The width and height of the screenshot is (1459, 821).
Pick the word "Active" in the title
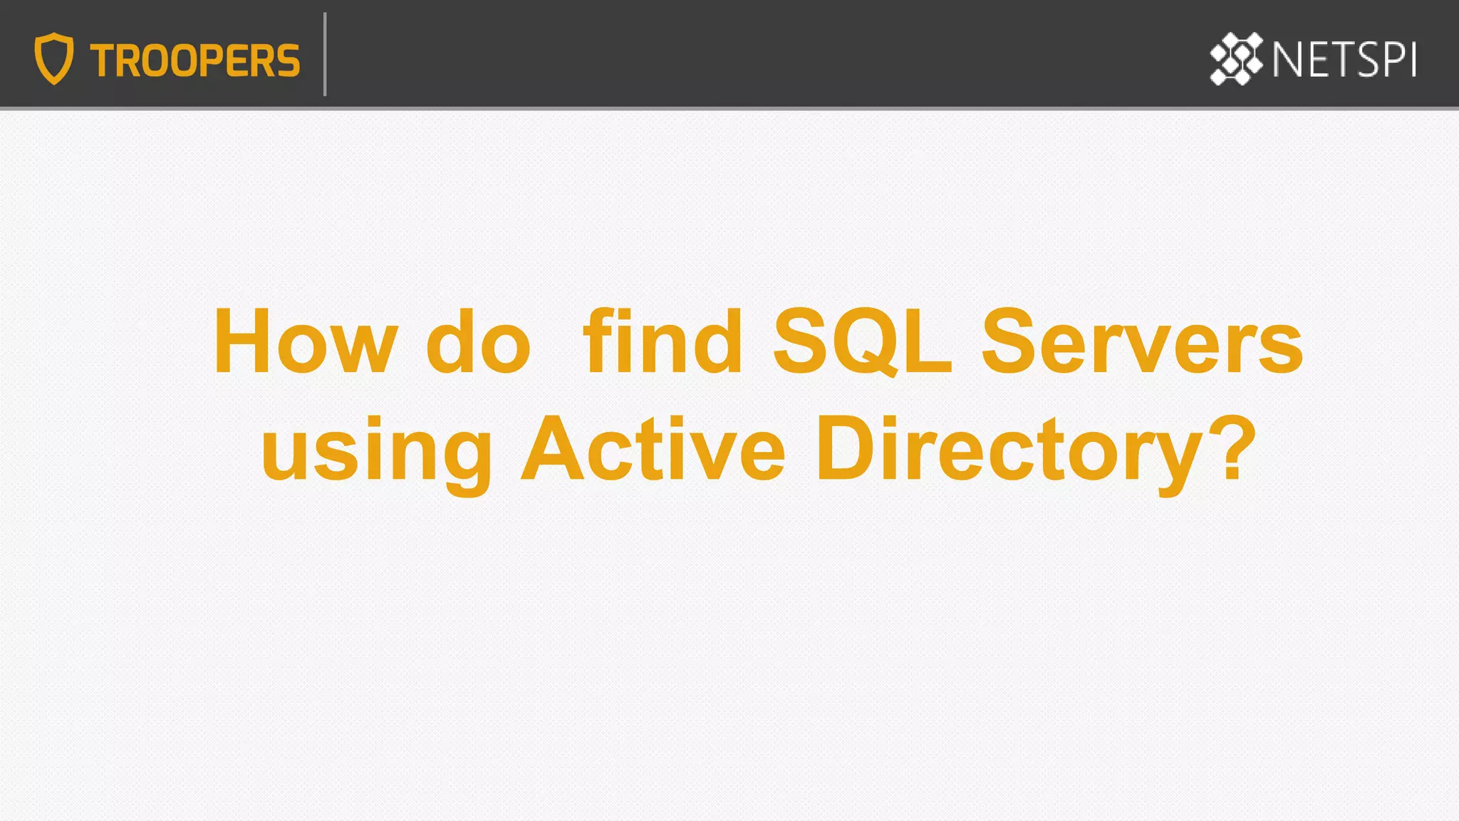coord(653,449)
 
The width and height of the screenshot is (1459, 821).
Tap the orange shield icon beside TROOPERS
coord(54,58)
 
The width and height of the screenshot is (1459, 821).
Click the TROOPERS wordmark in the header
coord(194,61)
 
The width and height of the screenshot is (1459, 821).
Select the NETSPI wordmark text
coord(1344,60)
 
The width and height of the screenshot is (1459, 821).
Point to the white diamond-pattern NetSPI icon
coord(1236,58)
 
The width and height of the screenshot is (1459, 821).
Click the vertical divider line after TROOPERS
coord(325,54)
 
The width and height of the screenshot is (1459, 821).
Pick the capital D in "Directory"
coord(848,449)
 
